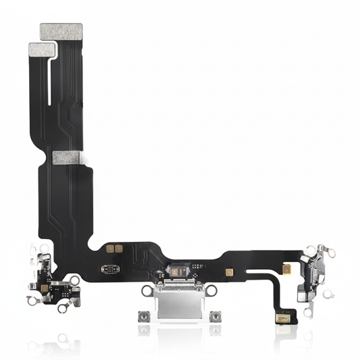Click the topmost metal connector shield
tap(61, 30)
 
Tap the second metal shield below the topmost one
tap(43, 49)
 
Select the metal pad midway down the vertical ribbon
tap(67, 157)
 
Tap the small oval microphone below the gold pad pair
tap(107, 269)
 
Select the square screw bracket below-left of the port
tap(144, 316)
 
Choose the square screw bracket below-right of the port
tap(215, 316)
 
